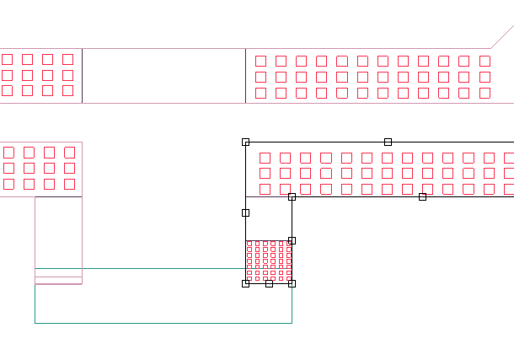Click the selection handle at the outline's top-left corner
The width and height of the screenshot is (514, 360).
(245, 142)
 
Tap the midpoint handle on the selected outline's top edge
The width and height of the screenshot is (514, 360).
(388, 142)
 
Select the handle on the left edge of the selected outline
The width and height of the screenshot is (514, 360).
(245, 212)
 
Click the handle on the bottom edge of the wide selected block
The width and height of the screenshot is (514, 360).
(422, 196)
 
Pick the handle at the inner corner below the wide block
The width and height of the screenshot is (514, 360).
(292, 196)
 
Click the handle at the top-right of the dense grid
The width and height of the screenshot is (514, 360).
(292, 240)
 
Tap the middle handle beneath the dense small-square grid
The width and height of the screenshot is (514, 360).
(269, 283)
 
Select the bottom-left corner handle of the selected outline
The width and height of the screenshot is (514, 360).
(245, 283)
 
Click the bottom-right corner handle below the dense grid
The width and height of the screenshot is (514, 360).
(292, 283)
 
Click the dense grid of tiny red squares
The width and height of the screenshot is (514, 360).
(268, 261)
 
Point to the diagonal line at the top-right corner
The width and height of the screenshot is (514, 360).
(502, 37)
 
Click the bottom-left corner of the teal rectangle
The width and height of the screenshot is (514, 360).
(35, 323)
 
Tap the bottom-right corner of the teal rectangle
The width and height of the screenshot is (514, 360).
(292, 323)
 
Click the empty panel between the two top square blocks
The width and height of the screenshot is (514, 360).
(163, 76)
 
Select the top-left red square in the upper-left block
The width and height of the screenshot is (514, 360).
(8, 59)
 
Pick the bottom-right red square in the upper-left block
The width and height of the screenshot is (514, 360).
(68, 90)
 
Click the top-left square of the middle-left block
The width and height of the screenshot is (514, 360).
(9, 153)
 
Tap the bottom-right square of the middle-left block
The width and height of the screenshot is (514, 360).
(70, 184)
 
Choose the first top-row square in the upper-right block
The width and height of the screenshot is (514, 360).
(260, 61)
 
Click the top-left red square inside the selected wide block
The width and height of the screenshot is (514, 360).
(265, 158)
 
